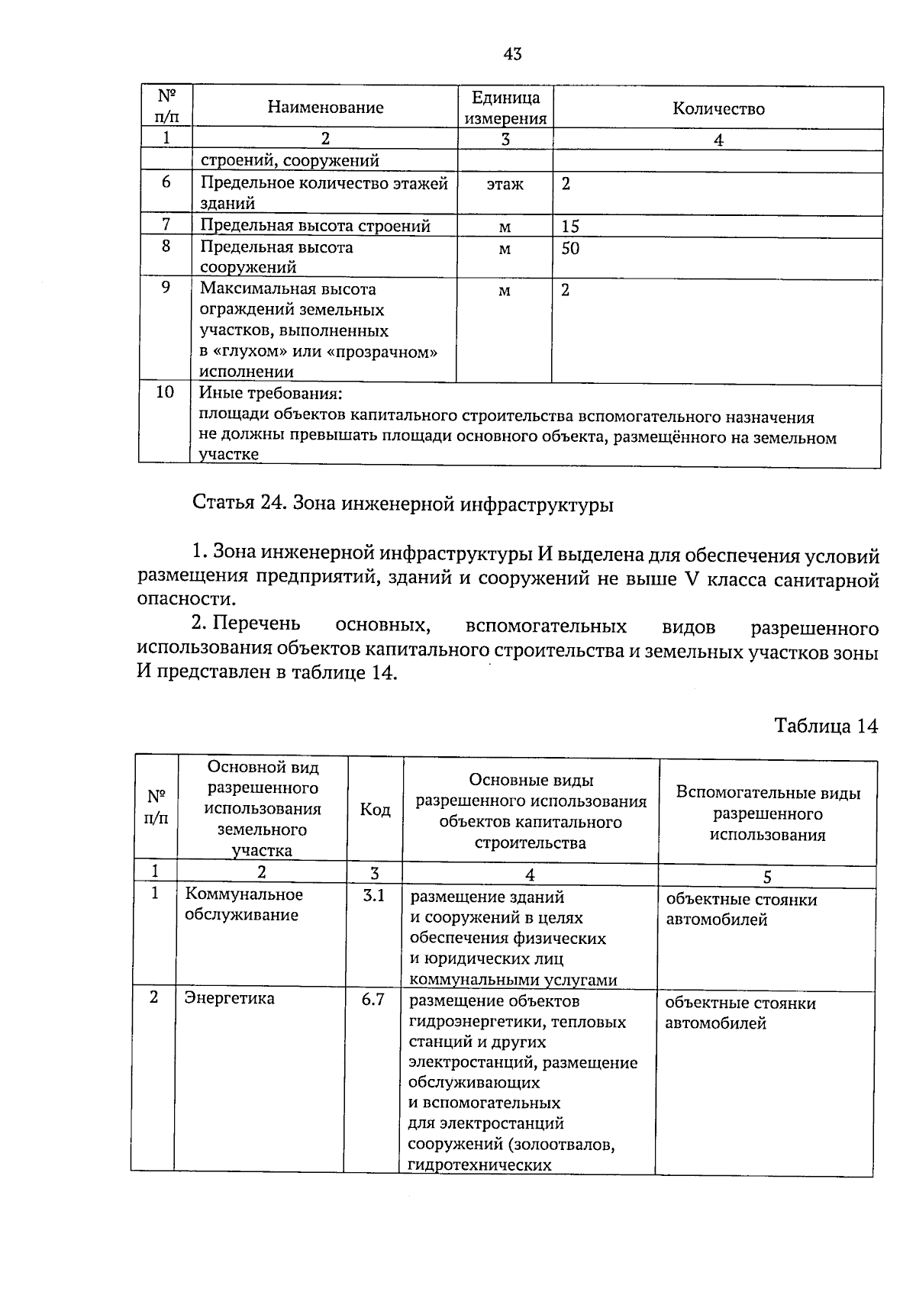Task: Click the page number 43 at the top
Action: pyautogui.click(x=512, y=53)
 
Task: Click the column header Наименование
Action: pyautogui.click(x=325, y=108)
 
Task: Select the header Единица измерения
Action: pyautogui.click(x=505, y=108)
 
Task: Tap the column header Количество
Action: pyautogui.click(x=718, y=108)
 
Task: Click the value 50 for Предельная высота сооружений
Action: pyautogui.click(x=570, y=248)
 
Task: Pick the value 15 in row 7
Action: pyautogui.click(x=570, y=227)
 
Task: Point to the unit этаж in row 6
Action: pyautogui.click(x=505, y=184)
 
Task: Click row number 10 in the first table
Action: pyautogui.click(x=165, y=392)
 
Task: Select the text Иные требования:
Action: pyautogui.click(x=270, y=394)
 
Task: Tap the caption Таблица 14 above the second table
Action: pyautogui.click(x=826, y=725)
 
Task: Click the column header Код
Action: pyautogui.click(x=375, y=810)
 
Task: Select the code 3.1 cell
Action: pyautogui.click(x=373, y=895)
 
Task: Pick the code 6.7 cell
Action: pyautogui.click(x=373, y=999)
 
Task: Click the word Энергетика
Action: pyautogui.click(x=230, y=998)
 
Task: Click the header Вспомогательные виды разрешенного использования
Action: pyautogui.click(x=767, y=813)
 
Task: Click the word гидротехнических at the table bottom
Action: pyautogui.click(x=479, y=1165)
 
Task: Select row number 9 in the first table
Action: pyautogui.click(x=166, y=288)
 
